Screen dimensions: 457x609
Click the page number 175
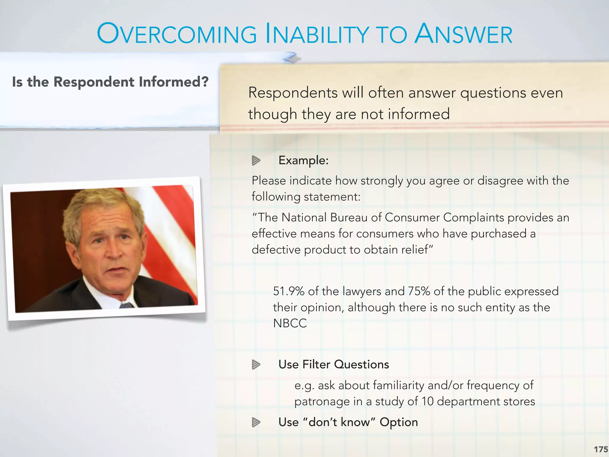601,449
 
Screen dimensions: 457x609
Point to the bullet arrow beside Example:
256,161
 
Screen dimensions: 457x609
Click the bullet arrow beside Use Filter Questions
256,364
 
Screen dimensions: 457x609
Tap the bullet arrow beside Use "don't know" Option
256,422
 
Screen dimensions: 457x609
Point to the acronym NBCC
290,323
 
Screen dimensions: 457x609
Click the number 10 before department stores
428,402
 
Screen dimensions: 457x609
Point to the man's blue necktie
126,305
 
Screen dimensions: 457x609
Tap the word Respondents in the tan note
293,93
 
